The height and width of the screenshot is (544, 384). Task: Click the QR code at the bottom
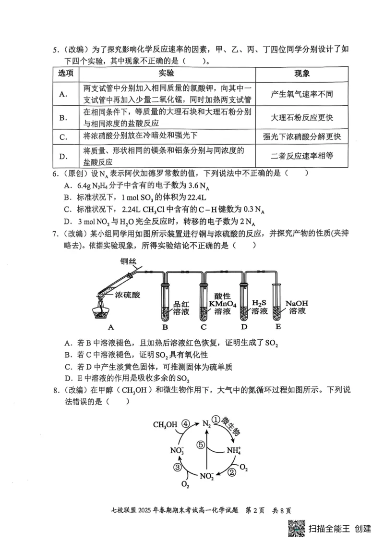pos(297,529)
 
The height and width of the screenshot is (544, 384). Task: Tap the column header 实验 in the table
pos(167,73)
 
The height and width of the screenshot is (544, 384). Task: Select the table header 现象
pos(301,73)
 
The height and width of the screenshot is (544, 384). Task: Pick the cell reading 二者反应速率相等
pos(301,156)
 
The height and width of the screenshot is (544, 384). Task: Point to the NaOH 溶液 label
pos(296,307)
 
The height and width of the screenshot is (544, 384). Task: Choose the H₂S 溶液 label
pos(260,307)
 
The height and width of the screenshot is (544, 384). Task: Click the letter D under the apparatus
pos(244,328)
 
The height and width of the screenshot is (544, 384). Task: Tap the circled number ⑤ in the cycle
pos(201,445)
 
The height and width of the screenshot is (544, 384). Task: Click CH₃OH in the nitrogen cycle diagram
pos(165,424)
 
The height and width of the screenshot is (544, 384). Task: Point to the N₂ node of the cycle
pos(206,424)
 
